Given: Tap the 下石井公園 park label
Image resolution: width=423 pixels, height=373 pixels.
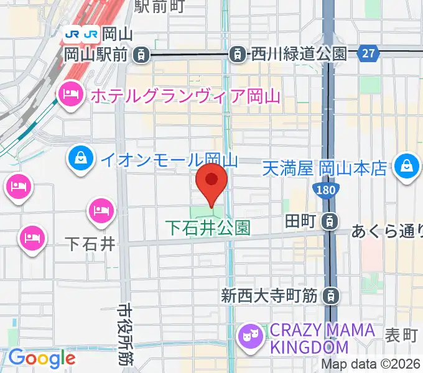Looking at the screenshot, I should click(x=208, y=228).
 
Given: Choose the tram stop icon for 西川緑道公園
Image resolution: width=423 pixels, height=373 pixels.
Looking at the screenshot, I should click(x=237, y=54).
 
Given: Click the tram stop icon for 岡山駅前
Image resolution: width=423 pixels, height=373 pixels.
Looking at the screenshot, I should click(x=142, y=54).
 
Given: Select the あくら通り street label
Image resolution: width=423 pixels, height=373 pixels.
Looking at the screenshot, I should click(x=387, y=232).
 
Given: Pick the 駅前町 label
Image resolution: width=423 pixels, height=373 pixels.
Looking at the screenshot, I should click(x=160, y=7).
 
